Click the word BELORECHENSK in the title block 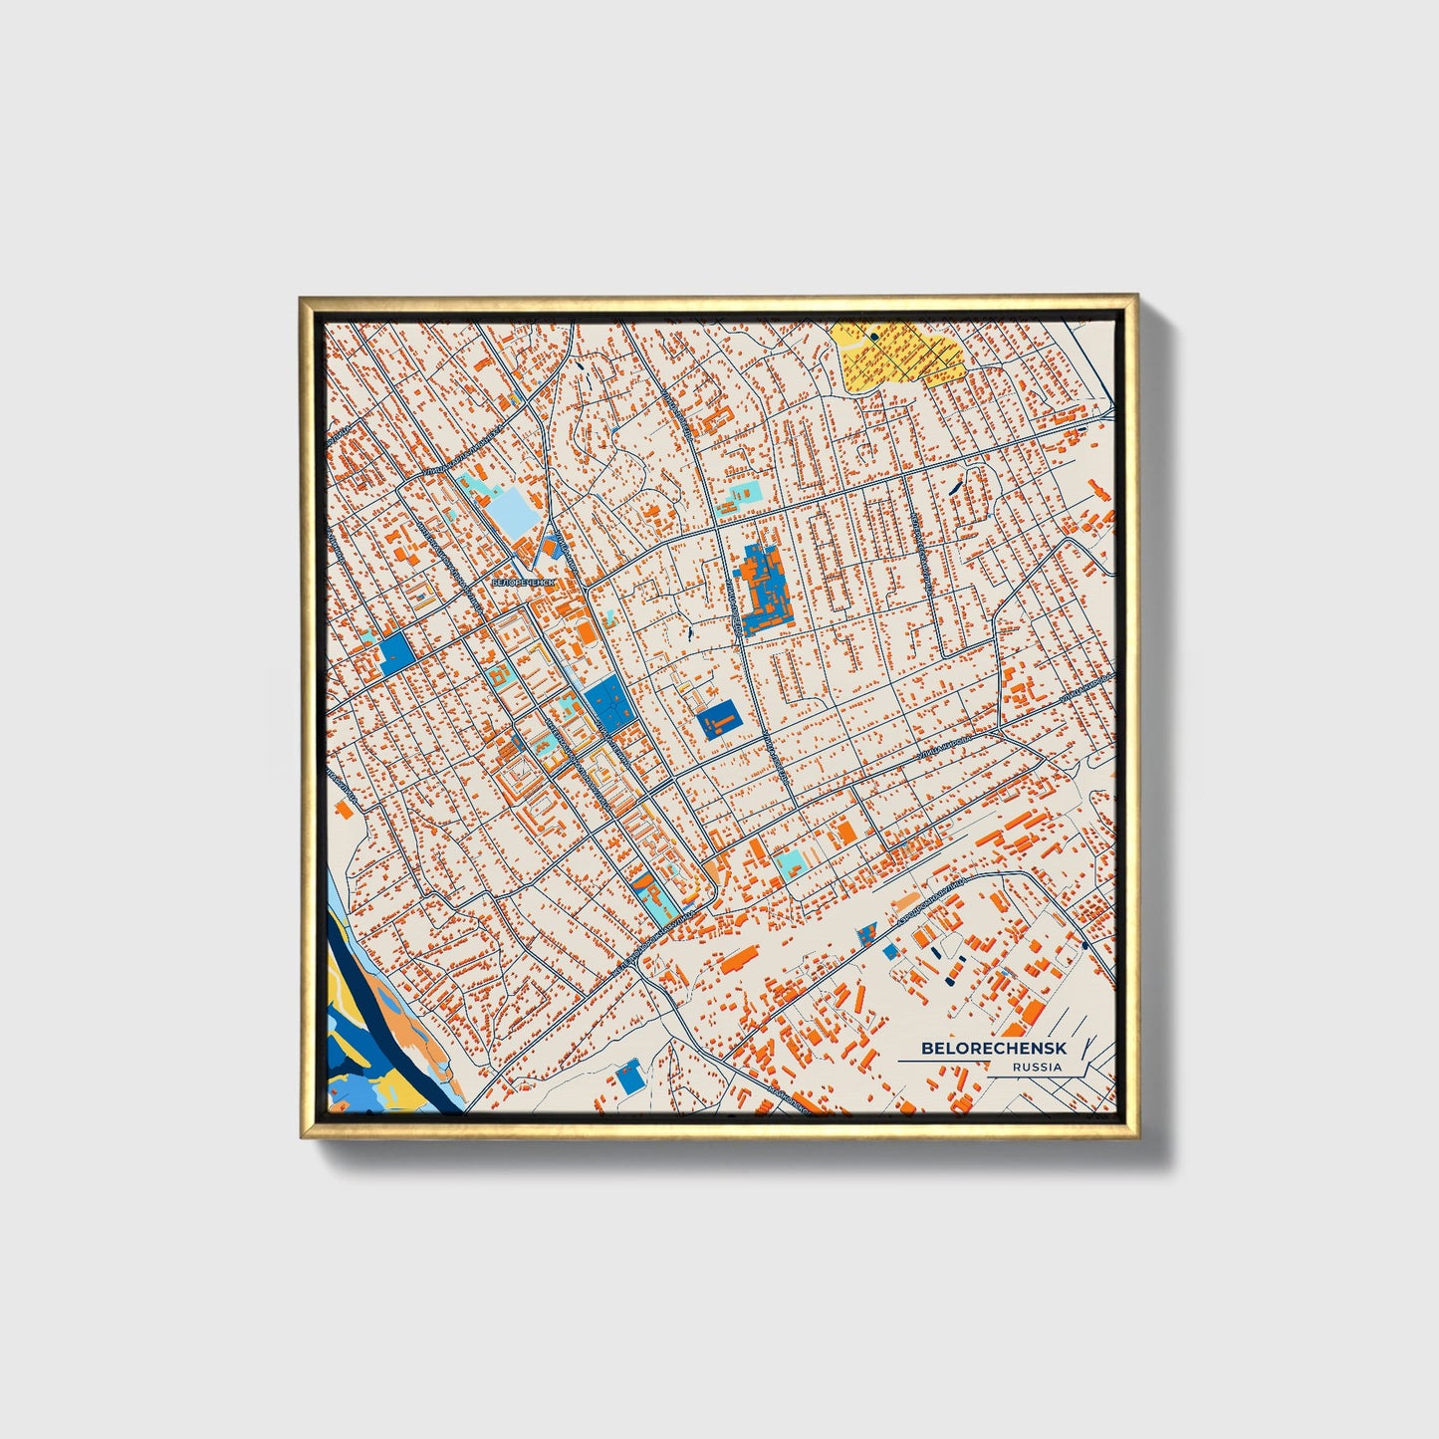click(x=993, y=1049)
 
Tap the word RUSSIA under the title click(x=1037, y=1067)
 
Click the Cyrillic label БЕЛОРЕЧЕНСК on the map click(x=521, y=580)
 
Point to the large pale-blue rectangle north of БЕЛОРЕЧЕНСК click(x=514, y=514)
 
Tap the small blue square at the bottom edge click(x=628, y=1078)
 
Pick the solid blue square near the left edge click(x=396, y=652)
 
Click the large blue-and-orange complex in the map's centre click(x=764, y=588)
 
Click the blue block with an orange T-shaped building click(x=717, y=718)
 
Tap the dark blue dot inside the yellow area click(x=874, y=337)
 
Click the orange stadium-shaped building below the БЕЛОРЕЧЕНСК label click(x=586, y=633)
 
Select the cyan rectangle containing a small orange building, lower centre click(x=790, y=862)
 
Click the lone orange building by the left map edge click(x=346, y=808)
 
